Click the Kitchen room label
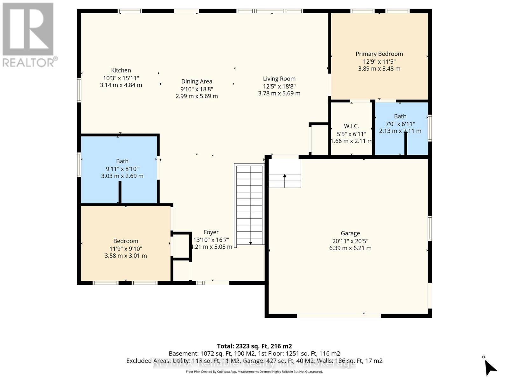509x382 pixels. click(121, 70)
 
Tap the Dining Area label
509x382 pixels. click(197, 81)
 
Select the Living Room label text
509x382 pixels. click(279, 79)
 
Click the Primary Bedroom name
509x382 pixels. click(379, 54)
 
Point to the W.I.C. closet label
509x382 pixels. click(351, 126)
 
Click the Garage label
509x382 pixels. click(350, 233)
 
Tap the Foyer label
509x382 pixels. click(211, 232)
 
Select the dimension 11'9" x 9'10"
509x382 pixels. click(126, 249)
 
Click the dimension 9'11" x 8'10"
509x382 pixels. click(122, 169)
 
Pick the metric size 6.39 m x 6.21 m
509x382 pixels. click(350, 248)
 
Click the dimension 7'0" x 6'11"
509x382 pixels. click(400, 124)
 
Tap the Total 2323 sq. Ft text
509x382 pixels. click(254, 346)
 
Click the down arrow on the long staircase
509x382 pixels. click(251, 243)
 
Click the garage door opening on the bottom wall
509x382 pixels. click(339, 316)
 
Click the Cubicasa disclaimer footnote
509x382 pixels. click(254, 372)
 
